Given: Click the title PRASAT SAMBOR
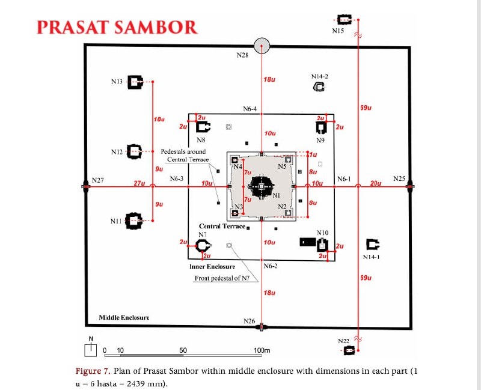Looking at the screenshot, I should [x=117, y=28].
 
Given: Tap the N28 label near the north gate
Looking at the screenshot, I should [x=242, y=56].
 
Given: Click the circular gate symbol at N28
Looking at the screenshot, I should [x=262, y=46].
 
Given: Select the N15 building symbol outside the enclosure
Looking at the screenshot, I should [x=345, y=19].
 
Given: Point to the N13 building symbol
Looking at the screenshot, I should [x=136, y=82].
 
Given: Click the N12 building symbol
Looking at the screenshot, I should [x=135, y=151].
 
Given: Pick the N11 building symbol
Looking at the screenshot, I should [x=133, y=221].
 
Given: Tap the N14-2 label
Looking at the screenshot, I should [x=320, y=76].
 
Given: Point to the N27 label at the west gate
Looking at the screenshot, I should [x=97, y=180].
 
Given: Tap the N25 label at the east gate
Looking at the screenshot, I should [x=399, y=178].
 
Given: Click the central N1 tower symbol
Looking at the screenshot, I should [x=262, y=186].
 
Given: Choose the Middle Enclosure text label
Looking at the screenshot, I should [x=124, y=317].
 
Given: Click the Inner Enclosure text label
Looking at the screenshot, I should [x=212, y=266].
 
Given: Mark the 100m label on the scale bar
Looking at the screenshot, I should [x=261, y=350].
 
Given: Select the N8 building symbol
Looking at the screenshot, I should [x=203, y=127].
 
